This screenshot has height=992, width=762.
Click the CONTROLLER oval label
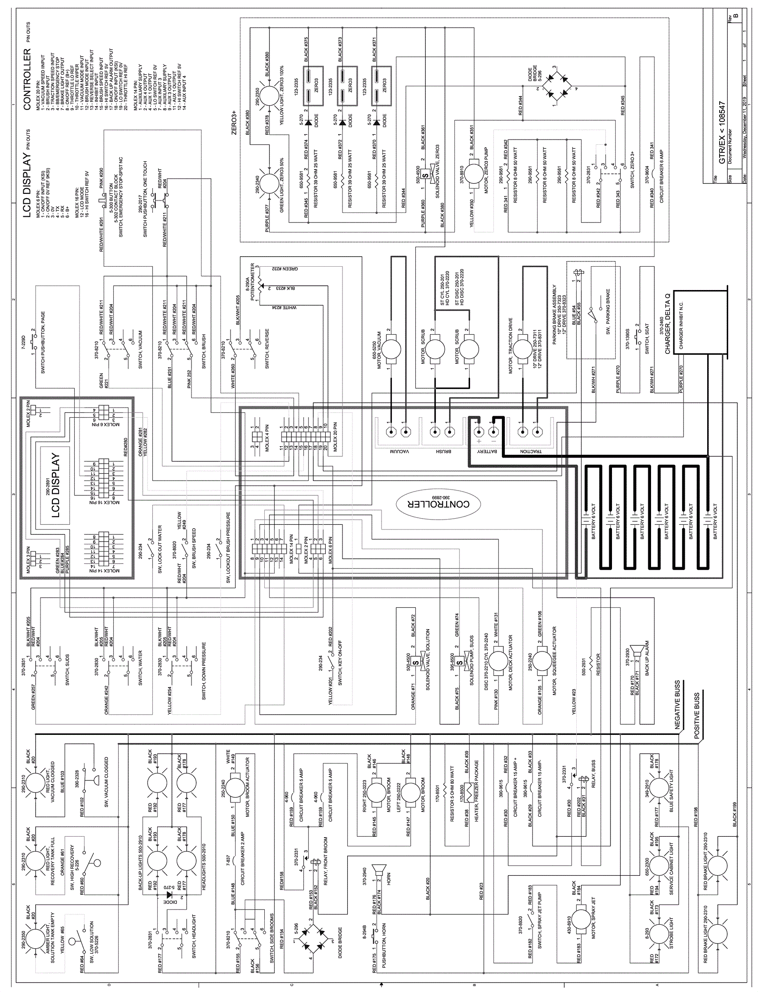433,504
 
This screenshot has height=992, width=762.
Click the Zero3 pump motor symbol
473,170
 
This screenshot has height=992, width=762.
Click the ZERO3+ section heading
234,123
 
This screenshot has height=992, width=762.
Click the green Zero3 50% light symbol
270,184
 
